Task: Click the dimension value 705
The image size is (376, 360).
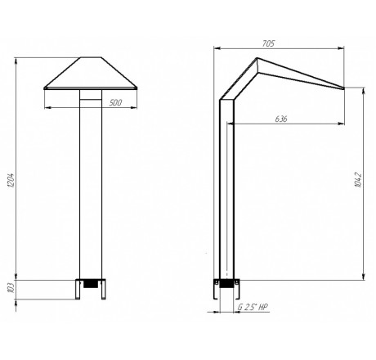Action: point(269,43)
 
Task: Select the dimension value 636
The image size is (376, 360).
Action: point(281,119)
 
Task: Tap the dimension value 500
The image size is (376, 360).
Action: point(115,103)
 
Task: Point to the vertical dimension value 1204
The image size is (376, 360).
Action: point(11,180)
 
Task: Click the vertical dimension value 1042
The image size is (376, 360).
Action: point(358,180)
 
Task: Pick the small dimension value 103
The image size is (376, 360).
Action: point(11,289)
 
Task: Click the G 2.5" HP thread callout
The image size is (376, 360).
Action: point(253,307)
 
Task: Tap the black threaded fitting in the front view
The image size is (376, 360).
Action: point(91,284)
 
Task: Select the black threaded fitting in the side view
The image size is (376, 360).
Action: point(226,284)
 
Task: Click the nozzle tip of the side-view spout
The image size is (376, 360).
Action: point(344,88)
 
